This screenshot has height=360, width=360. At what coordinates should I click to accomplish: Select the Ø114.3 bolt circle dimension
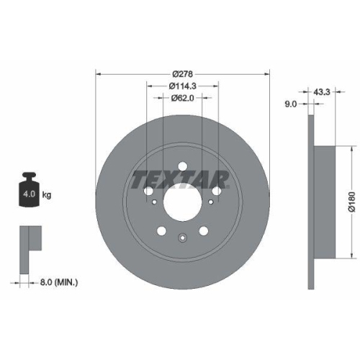click(x=183, y=86)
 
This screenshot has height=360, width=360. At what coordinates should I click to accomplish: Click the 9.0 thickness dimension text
click(x=291, y=104)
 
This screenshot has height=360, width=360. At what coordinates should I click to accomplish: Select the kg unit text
click(x=48, y=194)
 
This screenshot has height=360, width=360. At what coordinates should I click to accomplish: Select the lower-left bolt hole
click(x=161, y=231)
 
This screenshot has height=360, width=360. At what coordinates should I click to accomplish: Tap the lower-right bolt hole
click(x=204, y=231)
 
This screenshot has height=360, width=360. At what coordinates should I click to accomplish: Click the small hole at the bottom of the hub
click(x=182, y=237)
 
